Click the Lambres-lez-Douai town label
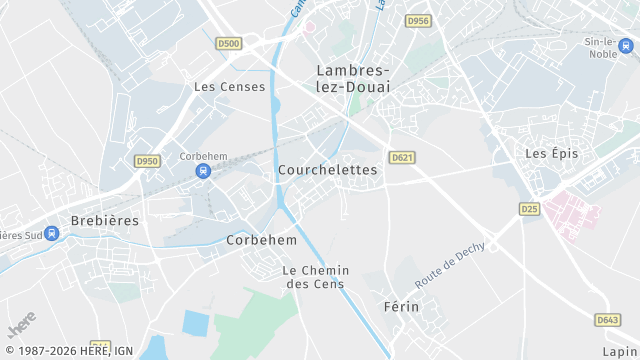[x=353, y=78]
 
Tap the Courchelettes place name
[x=328, y=170]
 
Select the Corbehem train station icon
[x=203, y=171]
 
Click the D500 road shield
[x=228, y=44]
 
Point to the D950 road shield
[x=147, y=160]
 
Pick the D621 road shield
[x=402, y=157]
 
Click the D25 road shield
[x=529, y=208]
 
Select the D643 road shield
[x=607, y=320]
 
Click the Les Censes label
[x=230, y=87]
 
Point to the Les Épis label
[x=552, y=153]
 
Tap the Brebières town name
[x=105, y=220]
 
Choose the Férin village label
[x=400, y=306]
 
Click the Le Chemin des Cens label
[x=313, y=277]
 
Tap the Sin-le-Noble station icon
[x=625, y=45]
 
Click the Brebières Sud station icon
[x=52, y=234]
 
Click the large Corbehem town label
[x=261, y=240]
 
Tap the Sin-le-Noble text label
[x=603, y=48]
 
